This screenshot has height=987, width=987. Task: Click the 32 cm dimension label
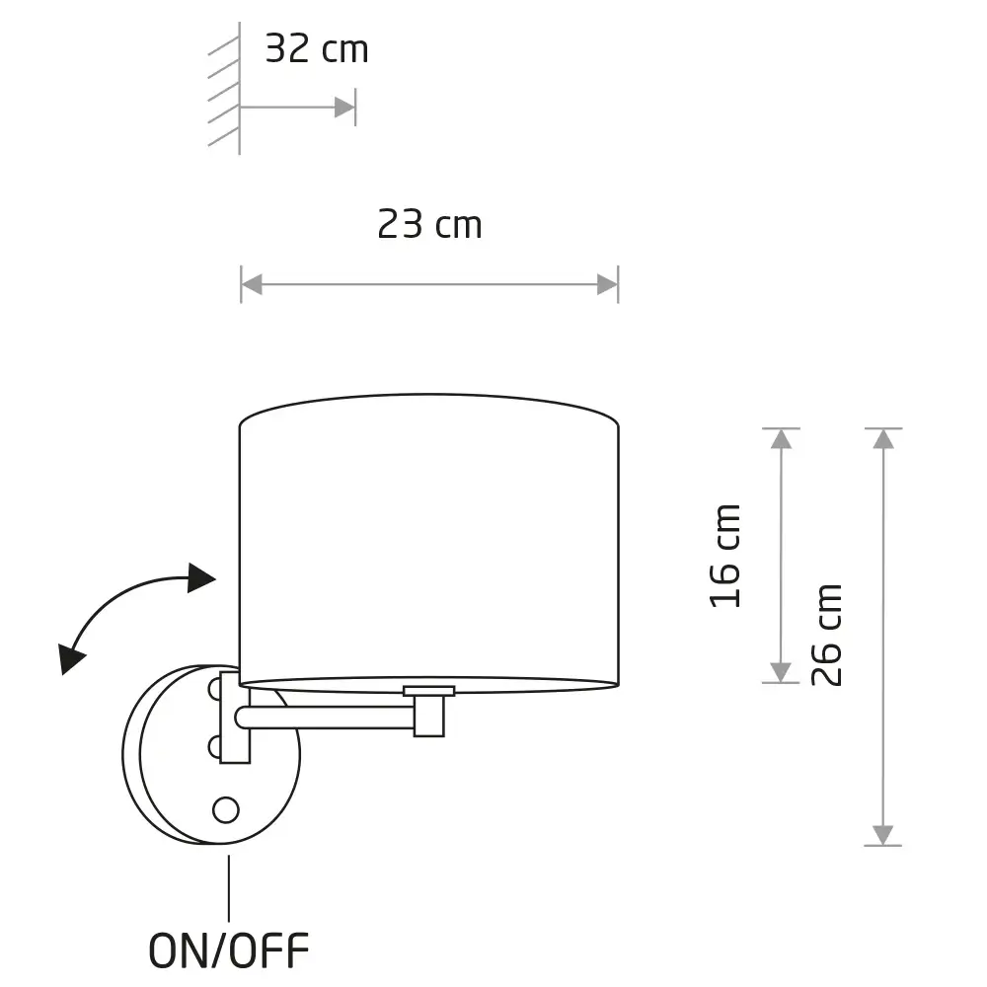[x=317, y=48]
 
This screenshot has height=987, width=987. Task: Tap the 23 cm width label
[x=430, y=224]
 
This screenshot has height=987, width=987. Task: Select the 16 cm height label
[x=725, y=556]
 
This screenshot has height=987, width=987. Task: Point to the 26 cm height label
[x=826, y=635]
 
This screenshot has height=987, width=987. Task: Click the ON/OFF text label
[x=229, y=950]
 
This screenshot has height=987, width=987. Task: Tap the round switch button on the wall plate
[x=226, y=810]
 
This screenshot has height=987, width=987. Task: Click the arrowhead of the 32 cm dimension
[x=344, y=108]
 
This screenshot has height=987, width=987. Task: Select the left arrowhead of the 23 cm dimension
[x=252, y=284]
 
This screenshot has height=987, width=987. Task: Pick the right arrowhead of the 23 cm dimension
[x=607, y=284]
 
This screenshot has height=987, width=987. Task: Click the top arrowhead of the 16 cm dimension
[x=781, y=439]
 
